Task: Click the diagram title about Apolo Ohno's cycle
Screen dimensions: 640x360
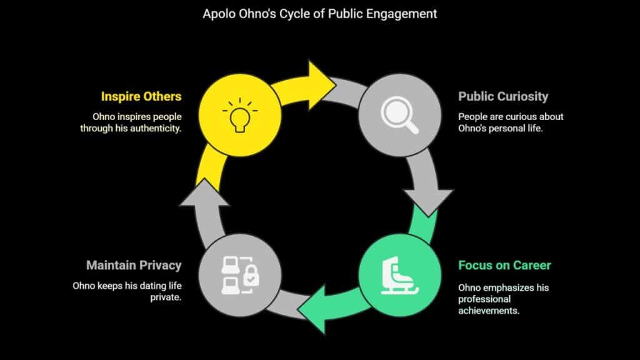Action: (319, 14)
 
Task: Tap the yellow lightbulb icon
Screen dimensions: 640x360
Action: (240, 115)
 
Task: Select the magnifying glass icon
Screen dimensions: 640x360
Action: (399, 115)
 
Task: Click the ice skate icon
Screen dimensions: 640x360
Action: (399, 276)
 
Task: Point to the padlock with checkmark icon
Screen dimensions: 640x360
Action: (251, 275)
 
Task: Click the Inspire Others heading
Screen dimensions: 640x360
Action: (141, 96)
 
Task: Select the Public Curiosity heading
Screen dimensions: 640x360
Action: (503, 96)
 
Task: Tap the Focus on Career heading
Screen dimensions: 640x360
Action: (504, 265)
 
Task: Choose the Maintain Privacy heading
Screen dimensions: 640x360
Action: (134, 265)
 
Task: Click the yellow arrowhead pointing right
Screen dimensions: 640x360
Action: (322, 85)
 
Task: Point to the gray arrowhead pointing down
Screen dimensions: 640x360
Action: (428, 202)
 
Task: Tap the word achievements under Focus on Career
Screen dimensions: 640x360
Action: (489, 311)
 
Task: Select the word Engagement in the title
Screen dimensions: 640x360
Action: (401, 14)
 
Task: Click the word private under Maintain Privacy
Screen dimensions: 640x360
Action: (166, 297)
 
